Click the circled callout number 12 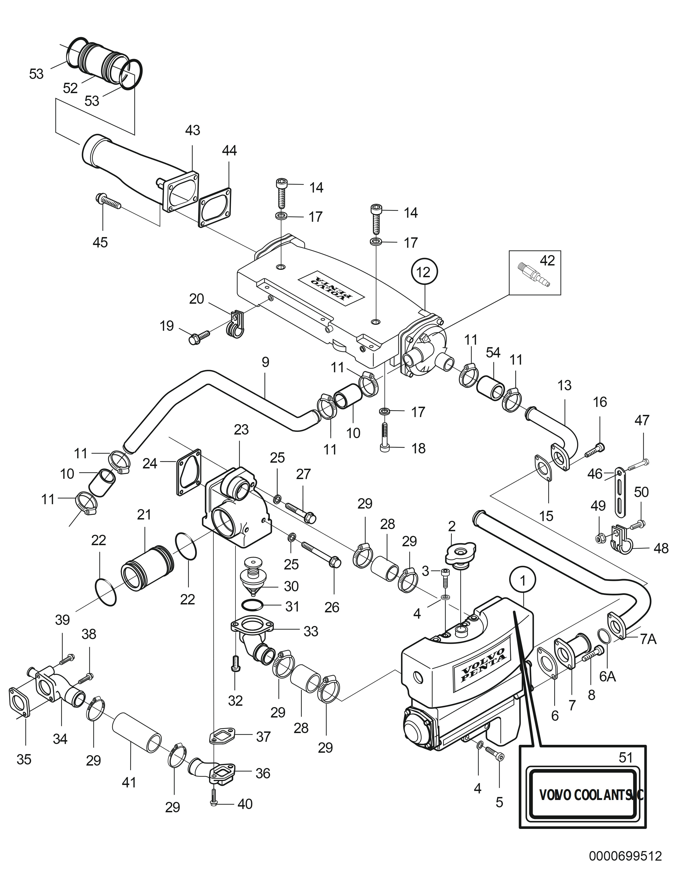(x=424, y=273)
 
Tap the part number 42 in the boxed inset (x=547, y=261)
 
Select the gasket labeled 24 (x=189, y=475)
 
